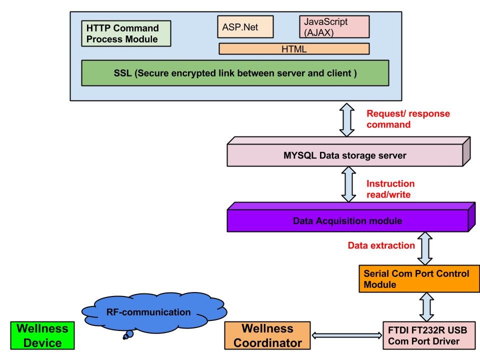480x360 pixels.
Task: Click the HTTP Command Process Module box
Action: coord(125,33)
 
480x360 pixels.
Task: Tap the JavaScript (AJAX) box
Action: coord(334,27)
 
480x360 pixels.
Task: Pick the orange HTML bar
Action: coord(294,49)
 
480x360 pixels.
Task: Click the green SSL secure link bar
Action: coord(235,73)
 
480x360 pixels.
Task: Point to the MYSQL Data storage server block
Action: coord(344,156)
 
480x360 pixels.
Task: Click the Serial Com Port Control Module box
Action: coord(416,279)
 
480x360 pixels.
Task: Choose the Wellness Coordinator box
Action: coord(267,335)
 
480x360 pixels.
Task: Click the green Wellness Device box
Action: coord(42,335)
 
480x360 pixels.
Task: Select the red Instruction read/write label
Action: coord(390,189)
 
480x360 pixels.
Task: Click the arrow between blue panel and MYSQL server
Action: coord(346,120)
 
